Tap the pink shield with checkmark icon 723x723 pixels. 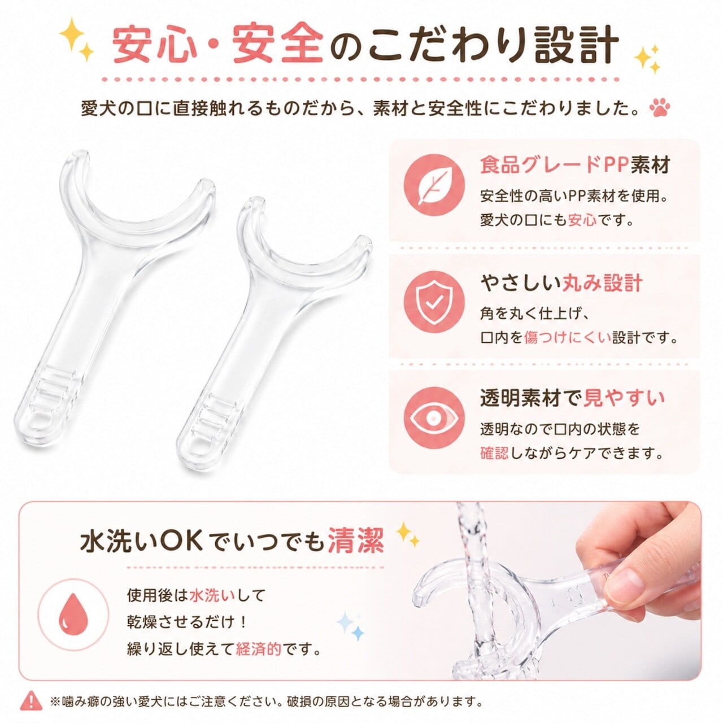tap(434, 301)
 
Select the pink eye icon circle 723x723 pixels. tap(434, 417)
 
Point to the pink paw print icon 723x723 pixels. tap(659, 108)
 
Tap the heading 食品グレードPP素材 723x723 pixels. tap(575, 165)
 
